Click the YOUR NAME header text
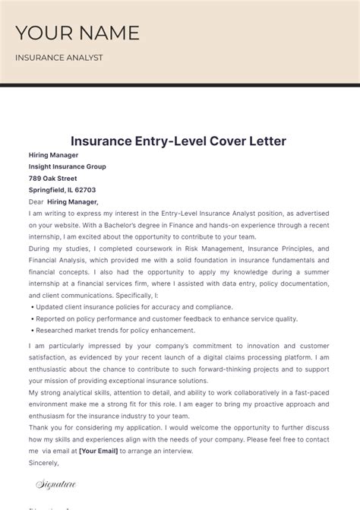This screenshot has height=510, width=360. click(77, 33)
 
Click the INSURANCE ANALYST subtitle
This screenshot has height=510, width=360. click(59, 58)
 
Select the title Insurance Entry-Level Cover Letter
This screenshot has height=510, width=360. click(178, 141)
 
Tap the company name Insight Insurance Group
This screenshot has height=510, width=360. click(68, 166)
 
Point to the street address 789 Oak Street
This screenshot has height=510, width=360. click(53, 179)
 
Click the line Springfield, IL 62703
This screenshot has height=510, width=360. click(62, 190)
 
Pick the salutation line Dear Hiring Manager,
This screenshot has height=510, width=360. click(64, 201)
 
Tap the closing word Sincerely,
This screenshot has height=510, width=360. click(44, 462)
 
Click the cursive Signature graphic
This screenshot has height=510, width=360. click(56, 484)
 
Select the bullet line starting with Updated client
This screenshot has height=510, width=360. click(134, 307)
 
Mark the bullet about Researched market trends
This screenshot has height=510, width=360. click(115, 331)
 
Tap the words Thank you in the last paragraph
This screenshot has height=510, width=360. click(44, 427)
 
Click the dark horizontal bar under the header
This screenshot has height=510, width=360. click(180, 85)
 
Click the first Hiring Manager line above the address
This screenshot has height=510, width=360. click(53, 155)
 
